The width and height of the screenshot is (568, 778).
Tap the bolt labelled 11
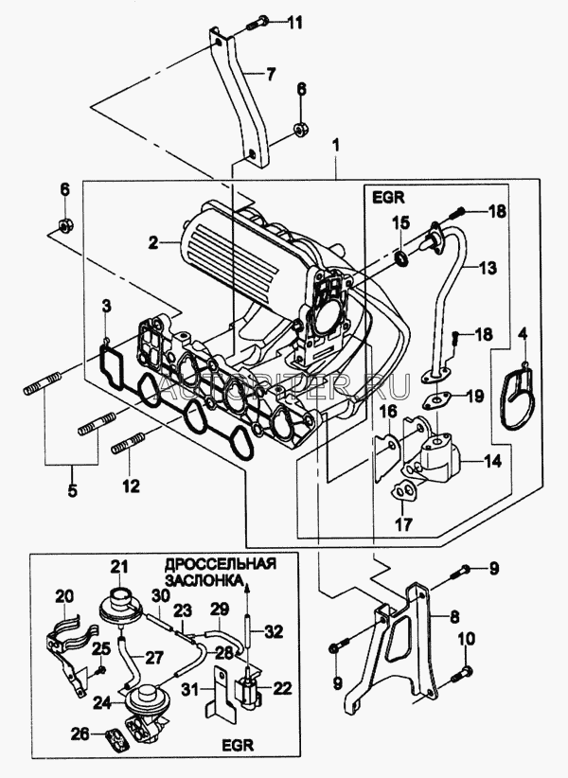pos(258,20)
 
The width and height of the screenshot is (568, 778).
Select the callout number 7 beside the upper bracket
pos(271,73)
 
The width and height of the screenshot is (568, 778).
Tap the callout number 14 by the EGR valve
pos(493,463)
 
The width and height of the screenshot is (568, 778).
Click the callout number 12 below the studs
pos(130,486)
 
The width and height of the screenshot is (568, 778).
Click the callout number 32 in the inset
pos(275,631)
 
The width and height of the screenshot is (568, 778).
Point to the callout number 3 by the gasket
pos(107,306)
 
